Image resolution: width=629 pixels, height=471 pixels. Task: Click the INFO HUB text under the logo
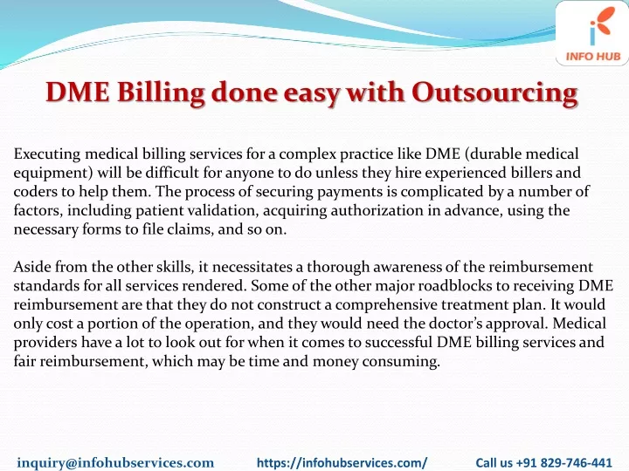click(593, 57)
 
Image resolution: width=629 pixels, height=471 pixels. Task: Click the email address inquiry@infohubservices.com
click(115, 462)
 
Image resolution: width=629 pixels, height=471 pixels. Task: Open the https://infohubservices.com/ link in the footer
click(342, 462)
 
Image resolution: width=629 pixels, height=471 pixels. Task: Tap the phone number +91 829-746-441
click(564, 462)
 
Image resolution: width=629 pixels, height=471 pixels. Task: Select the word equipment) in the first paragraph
click(53, 174)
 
